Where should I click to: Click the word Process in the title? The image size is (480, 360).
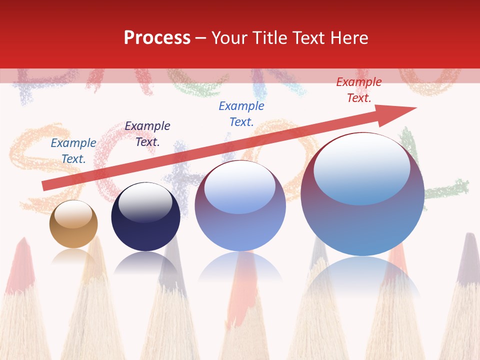coord(157,38)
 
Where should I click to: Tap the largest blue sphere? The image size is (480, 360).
coord(362,220)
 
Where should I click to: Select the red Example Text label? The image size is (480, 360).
coord(358,90)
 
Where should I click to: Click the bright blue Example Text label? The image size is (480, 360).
coord(241,114)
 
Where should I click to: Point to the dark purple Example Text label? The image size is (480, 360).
coord(147,134)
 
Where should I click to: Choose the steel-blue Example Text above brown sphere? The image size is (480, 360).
coord(73,151)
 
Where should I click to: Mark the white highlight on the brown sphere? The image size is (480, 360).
coord(73,214)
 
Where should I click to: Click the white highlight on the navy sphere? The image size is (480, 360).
coord(145,202)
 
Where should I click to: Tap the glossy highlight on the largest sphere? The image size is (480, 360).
coord(361,167)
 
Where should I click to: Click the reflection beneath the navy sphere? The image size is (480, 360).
coord(145,262)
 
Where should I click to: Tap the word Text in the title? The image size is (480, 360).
coord(308,38)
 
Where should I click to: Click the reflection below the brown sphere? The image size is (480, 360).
coord(73,255)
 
